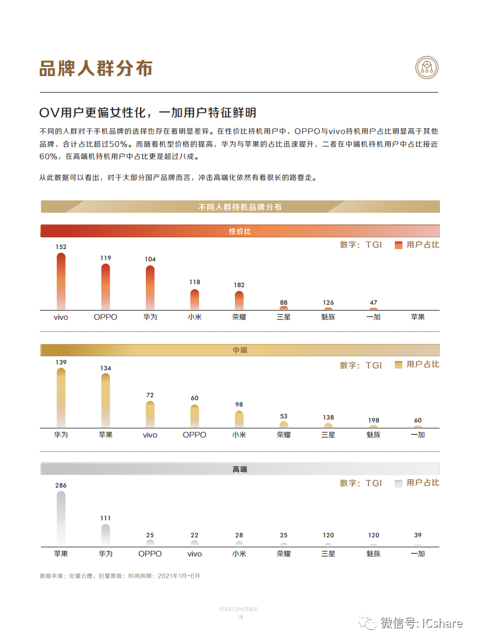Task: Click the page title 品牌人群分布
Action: pyautogui.click(x=96, y=68)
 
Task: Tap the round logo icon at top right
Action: pyautogui.click(x=426, y=67)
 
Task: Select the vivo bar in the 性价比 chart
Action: pyautogui.click(x=61, y=281)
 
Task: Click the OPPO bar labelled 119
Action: pyautogui.click(x=105, y=287)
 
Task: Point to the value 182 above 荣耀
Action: pyautogui.click(x=239, y=285)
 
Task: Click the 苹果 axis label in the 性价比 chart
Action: pyautogui.click(x=418, y=317)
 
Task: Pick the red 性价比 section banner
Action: pyautogui.click(x=240, y=231)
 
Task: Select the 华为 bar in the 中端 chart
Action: pyautogui.click(x=61, y=398)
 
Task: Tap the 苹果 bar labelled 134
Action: pyautogui.click(x=105, y=401)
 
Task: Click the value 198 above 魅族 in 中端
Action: pyautogui.click(x=373, y=420)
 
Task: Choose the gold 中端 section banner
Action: pyautogui.click(x=240, y=350)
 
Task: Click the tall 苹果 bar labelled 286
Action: pyautogui.click(x=61, y=519)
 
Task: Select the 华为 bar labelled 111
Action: pyautogui.click(x=105, y=536)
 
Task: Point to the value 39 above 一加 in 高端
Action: pyautogui.click(x=418, y=535)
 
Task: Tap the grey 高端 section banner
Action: pyautogui.click(x=240, y=469)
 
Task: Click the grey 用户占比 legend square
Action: pyautogui.click(x=398, y=483)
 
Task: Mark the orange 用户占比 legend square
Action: pyautogui.click(x=398, y=245)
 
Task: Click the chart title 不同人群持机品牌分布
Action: pyautogui.click(x=240, y=207)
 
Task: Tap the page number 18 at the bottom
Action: pyautogui.click(x=240, y=617)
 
